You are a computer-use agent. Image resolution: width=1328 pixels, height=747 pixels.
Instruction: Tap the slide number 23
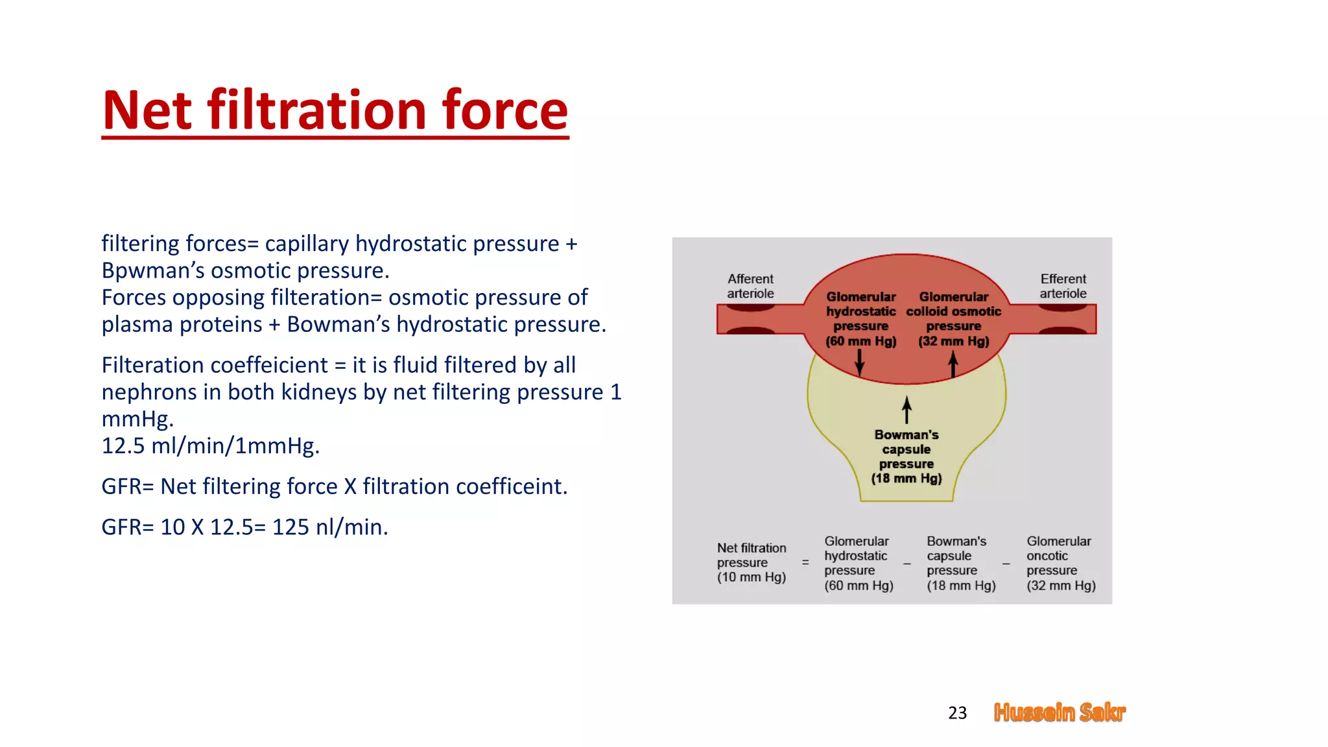tap(957, 713)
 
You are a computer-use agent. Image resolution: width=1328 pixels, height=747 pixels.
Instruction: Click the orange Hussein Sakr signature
tap(1060, 712)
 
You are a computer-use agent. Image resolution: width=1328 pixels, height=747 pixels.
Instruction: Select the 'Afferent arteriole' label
tap(750, 286)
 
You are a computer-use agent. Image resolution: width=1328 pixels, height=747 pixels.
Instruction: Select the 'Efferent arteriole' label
tap(1063, 286)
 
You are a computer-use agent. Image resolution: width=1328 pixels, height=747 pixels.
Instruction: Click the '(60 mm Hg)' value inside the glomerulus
tap(860, 341)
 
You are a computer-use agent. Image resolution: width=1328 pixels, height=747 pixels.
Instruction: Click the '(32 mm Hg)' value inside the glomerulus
tap(953, 341)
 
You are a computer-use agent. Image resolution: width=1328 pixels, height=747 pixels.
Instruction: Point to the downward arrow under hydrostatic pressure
tap(860, 362)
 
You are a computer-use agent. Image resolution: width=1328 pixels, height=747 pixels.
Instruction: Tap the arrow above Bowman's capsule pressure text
tap(907, 410)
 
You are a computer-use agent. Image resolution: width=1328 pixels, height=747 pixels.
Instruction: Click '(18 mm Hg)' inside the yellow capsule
tap(906, 479)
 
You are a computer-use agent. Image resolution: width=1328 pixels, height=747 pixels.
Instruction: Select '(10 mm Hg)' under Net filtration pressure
tap(751, 577)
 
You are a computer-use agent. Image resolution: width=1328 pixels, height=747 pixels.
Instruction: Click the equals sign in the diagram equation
tap(805, 562)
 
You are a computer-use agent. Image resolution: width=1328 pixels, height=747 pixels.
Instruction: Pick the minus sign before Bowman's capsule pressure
tap(907, 563)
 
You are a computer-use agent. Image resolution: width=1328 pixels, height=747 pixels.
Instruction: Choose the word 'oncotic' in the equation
tap(1047, 556)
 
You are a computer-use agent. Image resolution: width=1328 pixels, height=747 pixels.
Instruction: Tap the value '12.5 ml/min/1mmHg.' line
tap(210, 446)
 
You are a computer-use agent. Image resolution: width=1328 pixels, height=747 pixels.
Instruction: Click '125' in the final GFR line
tap(290, 527)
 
